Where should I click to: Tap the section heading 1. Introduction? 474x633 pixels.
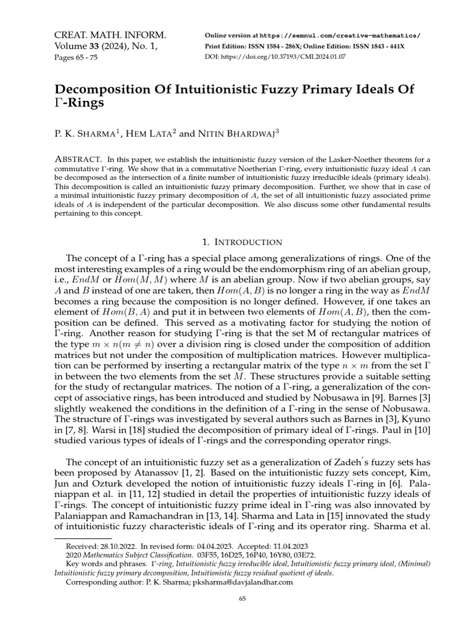[237, 242]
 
